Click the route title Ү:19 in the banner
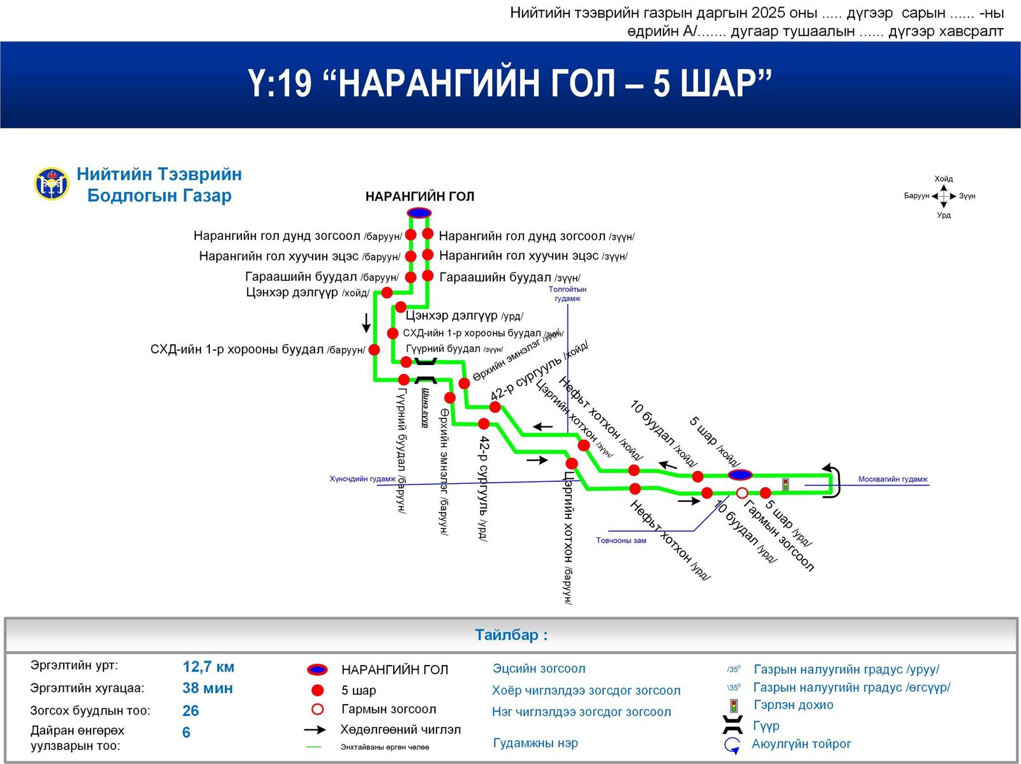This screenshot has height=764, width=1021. click(x=279, y=83)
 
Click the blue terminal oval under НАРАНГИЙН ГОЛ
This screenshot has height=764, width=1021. click(x=419, y=213)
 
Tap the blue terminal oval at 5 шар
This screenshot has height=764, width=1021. click(x=740, y=475)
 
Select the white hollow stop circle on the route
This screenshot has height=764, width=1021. click(x=742, y=493)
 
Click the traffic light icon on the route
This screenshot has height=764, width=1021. click(x=786, y=484)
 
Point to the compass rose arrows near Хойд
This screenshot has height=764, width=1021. click(x=944, y=196)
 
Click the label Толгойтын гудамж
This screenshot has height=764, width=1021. click(x=567, y=294)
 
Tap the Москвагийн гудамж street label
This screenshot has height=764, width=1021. click(x=892, y=479)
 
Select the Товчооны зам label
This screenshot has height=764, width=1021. click(x=621, y=541)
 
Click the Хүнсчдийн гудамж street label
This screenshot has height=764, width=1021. click(x=362, y=479)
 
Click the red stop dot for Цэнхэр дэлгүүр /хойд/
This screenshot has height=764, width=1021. click(x=387, y=293)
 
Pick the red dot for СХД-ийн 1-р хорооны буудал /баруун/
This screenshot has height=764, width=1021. click(x=375, y=350)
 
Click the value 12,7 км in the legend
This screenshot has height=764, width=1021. click(x=208, y=667)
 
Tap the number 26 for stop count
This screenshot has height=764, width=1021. click(x=190, y=710)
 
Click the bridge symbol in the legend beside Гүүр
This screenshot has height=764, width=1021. click(x=733, y=725)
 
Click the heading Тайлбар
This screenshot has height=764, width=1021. click(x=511, y=635)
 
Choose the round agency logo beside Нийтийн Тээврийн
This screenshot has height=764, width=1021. click(x=52, y=184)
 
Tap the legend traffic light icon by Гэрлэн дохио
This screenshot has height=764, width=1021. click(x=734, y=706)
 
